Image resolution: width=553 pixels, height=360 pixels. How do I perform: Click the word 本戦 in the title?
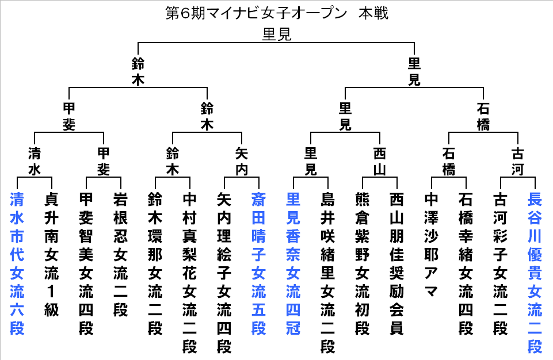373,13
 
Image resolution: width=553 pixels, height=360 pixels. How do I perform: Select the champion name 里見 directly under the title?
277,34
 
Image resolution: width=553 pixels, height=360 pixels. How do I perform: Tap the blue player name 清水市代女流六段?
17,264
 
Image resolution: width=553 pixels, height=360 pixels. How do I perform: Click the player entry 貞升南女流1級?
51,255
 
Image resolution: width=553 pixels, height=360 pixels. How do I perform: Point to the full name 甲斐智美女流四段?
86,264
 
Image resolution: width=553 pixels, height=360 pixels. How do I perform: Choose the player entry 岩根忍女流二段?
121,255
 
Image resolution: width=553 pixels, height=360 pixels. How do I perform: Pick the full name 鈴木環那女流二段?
155,264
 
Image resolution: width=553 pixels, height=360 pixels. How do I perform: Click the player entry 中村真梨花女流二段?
190,273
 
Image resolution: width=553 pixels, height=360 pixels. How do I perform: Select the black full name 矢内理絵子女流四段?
224,273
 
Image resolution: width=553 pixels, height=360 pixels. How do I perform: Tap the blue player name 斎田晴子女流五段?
258,264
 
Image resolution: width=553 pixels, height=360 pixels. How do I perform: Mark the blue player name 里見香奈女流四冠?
293,264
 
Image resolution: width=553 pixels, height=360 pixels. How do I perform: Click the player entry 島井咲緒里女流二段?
327,273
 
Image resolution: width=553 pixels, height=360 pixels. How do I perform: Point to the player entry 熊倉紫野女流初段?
362,264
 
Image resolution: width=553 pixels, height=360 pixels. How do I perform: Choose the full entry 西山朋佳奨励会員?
396,264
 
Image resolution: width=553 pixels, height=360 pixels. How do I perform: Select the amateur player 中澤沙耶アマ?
432,246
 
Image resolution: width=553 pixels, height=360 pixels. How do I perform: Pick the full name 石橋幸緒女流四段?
466,264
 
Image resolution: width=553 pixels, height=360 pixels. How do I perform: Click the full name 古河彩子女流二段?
501,264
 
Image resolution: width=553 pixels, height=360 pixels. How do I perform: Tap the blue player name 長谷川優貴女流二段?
535,273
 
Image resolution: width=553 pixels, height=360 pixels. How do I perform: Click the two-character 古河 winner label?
518,162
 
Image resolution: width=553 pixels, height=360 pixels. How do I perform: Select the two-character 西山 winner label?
379,162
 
